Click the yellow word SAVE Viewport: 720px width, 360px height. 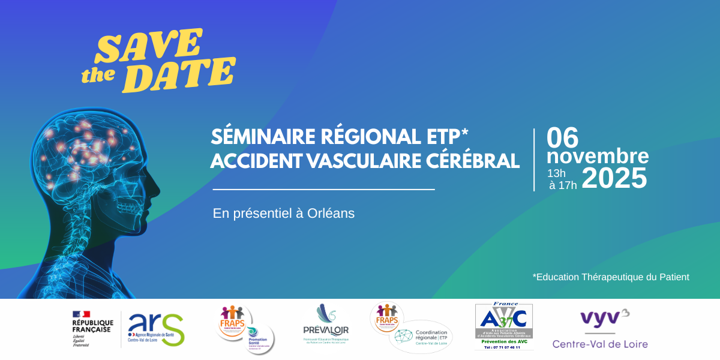pyautogui.click(x=148, y=47)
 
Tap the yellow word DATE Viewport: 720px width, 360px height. pyautogui.click(x=182, y=74)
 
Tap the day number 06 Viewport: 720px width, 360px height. pyautogui.click(x=562, y=139)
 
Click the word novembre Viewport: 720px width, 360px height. pyautogui.click(x=597, y=157)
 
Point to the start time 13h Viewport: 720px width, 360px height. pyautogui.click(x=556, y=173)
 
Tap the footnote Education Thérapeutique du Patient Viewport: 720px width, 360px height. pyautogui.click(x=611, y=277)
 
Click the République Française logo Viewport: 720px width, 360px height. pyautogui.click(x=92, y=329)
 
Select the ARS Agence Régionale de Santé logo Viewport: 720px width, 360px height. pyautogui.click(x=156, y=329)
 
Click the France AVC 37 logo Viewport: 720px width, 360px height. pyautogui.click(x=503, y=326)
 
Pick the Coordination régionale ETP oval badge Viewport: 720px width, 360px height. pyautogui.click(x=421, y=337)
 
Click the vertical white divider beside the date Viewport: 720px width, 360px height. pyautogui.click(x=534, y=160)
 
